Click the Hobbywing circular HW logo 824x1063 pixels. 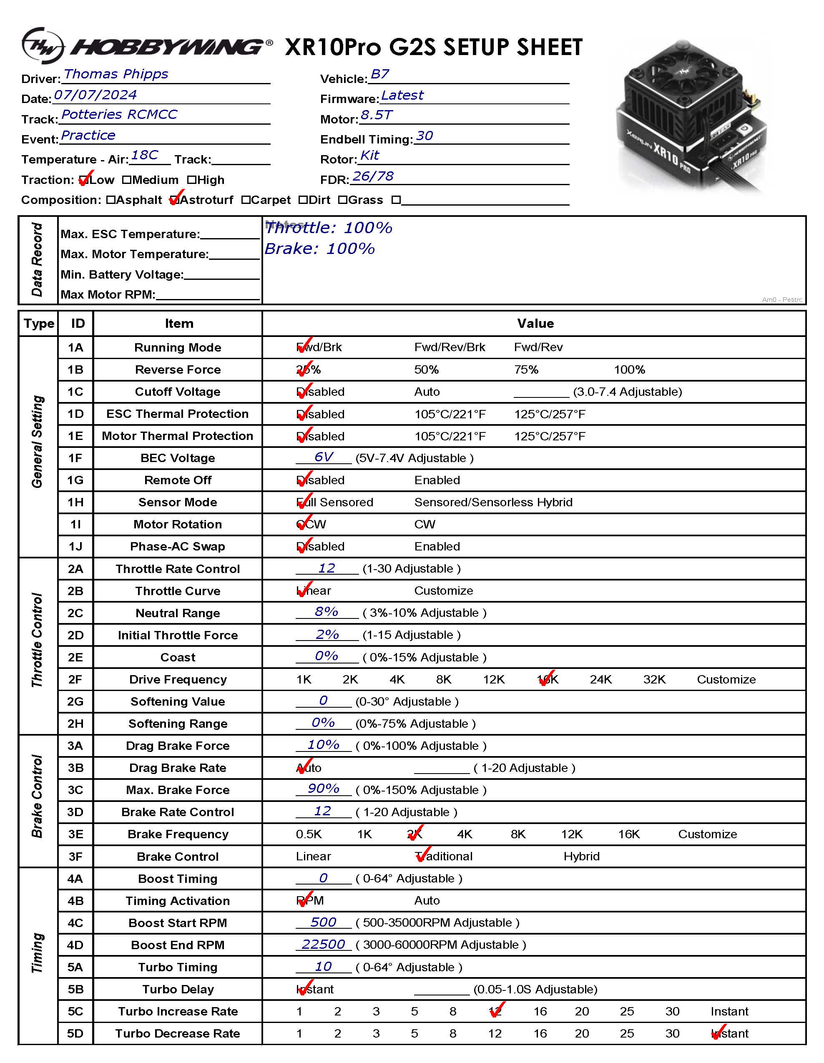point(43,46)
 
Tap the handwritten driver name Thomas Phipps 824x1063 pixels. point(116,74)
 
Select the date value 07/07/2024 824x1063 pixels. point(95,95)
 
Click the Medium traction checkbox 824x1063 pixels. point(126,180)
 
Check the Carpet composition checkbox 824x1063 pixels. point(246,200)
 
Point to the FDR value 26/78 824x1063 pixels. point(373,176)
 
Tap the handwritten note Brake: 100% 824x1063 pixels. point(319,249)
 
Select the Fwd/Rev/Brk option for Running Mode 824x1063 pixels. point(449,347)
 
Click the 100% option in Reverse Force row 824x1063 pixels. point(629,369)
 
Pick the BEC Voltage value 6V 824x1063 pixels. point(324,457)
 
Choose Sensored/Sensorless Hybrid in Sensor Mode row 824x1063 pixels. point(493,502)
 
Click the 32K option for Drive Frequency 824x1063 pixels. point(654,679)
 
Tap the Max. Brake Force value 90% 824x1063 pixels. point(324,789)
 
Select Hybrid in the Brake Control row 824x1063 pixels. point(581,856)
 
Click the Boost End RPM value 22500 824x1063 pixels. point(323,944)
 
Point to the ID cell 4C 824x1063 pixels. point(75,923)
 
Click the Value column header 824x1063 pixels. point(535,324)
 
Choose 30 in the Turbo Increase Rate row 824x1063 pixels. point(672,1011)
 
